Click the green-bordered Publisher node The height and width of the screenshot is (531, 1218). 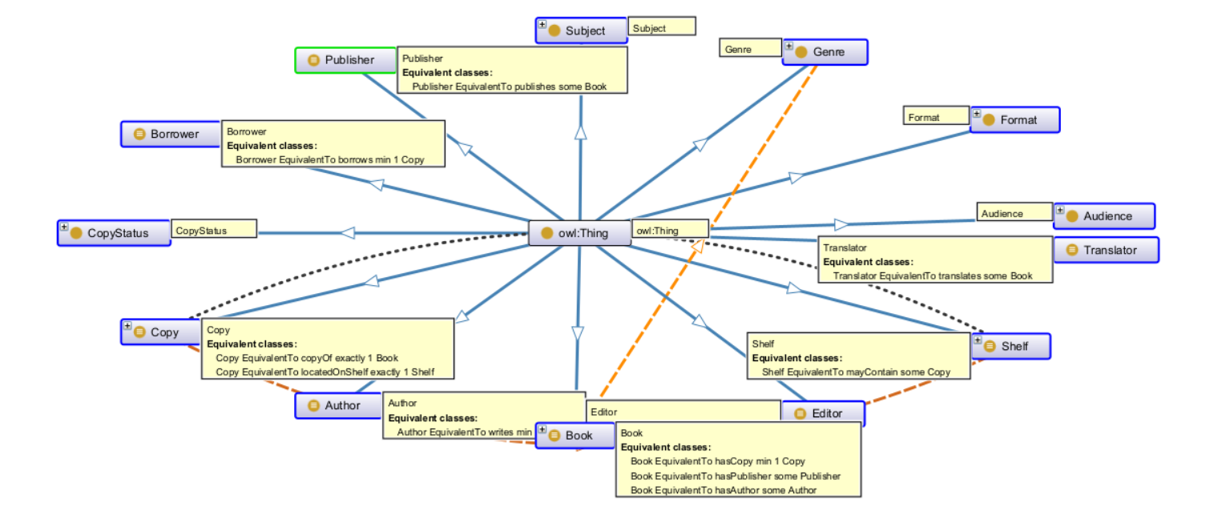coord(342,60)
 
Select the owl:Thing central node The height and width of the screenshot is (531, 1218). coord(575,233)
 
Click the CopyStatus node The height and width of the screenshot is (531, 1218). coord(114,233)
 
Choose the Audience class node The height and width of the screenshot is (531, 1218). coord(1104,216)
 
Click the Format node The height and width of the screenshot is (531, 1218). coord(1015,120)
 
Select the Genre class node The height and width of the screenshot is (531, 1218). coord(825,52)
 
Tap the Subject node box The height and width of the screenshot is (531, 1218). coord(581,30)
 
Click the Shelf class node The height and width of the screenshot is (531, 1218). coord(1010,346)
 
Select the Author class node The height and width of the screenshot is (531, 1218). coord(337,405)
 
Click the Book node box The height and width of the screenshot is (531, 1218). coord(575,436)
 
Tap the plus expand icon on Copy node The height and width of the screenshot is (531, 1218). coord(127,326)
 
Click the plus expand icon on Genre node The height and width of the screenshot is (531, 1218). coord(788,46)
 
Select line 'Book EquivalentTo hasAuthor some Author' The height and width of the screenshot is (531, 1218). coord(724,489)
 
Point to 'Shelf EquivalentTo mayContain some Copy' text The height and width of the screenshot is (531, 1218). coord(856,372)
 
